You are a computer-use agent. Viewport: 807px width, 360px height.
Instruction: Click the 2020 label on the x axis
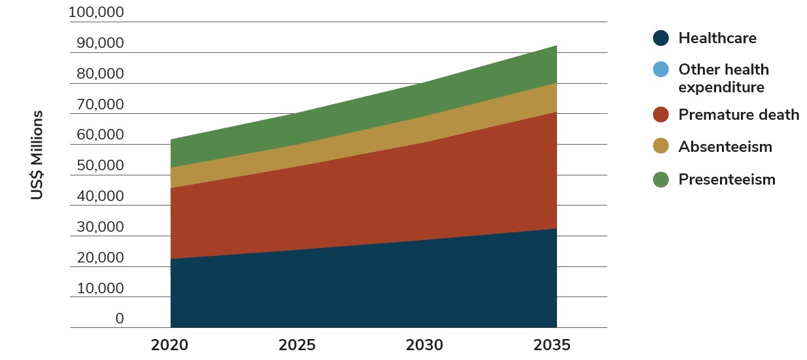click(x=170, y=345)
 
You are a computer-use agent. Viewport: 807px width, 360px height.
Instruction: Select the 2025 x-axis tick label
click(x=297, y=345)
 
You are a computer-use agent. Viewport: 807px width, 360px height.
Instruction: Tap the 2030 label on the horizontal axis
click(x=425, y=345)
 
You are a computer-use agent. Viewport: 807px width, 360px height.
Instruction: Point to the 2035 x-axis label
click(x=552, y=345)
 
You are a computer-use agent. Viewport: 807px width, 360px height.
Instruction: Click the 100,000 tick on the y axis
click(x=96, y=13)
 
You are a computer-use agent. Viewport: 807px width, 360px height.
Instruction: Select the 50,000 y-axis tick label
click(x=99, y=166)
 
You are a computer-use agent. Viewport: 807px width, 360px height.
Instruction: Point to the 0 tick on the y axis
click(x=120, y=319)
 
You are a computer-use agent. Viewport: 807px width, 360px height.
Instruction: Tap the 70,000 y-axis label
click(x=99, y=105)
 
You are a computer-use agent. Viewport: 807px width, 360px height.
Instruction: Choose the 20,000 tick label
click(x=99, y=258)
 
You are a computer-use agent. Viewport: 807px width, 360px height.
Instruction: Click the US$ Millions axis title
click(x=37, y=155)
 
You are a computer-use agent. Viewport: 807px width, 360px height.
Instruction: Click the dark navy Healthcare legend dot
click(x=661, y=38)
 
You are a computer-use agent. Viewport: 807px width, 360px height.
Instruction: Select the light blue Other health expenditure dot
click(x=661, y=69)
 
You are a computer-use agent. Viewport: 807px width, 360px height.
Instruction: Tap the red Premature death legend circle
click(x=661, y=115)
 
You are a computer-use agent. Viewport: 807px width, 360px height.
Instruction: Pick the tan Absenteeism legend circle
click(x=661, y=147)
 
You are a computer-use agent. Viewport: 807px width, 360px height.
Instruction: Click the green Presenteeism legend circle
click(x=661, y=179)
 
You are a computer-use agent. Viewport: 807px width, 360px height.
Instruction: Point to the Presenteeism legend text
click(x=726, y=179)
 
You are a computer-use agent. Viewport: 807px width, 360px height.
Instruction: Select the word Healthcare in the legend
click(x=717, y=38)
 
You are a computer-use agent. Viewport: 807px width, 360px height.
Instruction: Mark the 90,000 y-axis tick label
click(x=99, y=44)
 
